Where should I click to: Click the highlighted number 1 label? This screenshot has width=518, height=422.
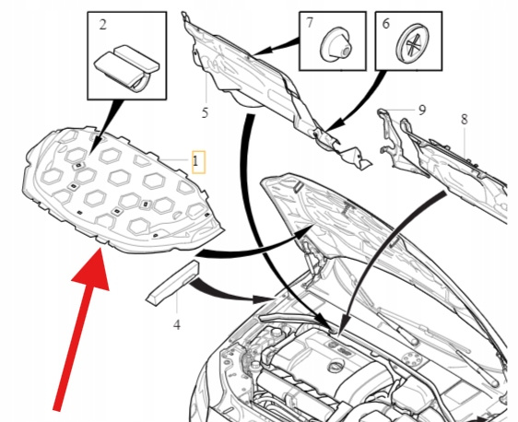[x=195, y=161]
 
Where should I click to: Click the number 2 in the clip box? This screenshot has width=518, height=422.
[x=103, y=25]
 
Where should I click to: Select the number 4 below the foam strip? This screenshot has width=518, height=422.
[x=177, y=325]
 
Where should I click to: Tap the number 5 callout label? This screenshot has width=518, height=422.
[x=205, y=113]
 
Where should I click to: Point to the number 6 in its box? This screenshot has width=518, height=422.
[x=385, y=23]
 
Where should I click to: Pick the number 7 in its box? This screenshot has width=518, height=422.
[x=309, y=23]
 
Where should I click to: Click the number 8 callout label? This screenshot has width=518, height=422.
[x=465, y=119]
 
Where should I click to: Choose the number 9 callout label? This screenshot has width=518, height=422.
[x=422, y=110]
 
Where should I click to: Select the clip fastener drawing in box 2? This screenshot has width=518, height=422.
[x=127, y=67]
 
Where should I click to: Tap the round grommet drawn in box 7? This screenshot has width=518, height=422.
[x=335, y=45]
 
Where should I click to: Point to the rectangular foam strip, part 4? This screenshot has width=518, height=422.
[x=172, y=283]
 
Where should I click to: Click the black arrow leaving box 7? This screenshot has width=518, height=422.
[x=277, y=47]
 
